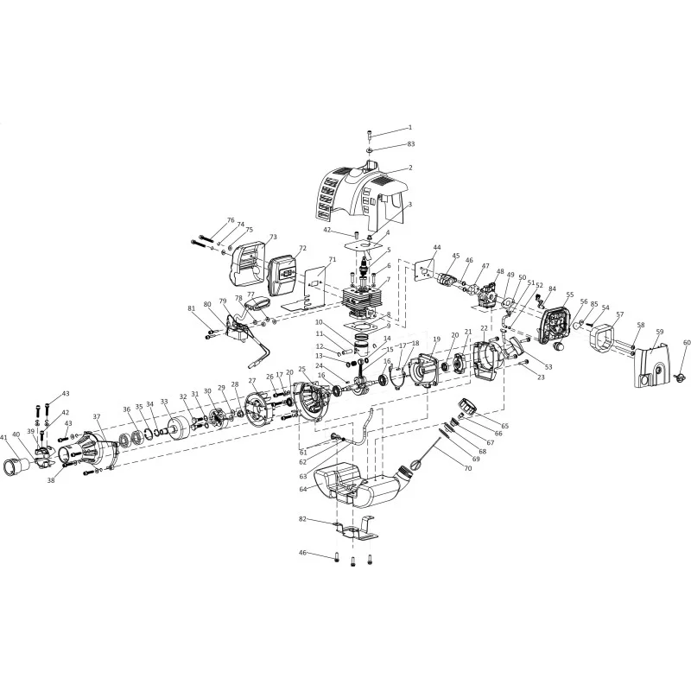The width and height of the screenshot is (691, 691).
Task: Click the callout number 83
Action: pyautogui.click(x=411, y=144)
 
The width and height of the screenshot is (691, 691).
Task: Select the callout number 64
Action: pyautogui.click(x=303, y=489)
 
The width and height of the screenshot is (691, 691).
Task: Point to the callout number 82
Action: pyautogui.click(x=302, y=519)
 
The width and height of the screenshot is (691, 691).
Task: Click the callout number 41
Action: pyautogui.click(x=4, y=438)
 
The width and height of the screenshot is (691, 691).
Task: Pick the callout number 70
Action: pyautogui.click(x=468, y=468)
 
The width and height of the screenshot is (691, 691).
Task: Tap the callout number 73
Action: pyautogui.click(x=273, y=237)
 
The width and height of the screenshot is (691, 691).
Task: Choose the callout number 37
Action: pyautogui.click(x=97, y=416)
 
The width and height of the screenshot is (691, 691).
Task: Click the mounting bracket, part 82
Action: pyautogui.click(x=356, y=528)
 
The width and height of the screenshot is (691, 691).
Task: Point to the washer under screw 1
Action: pyautogui.click(x=370, y=151)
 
